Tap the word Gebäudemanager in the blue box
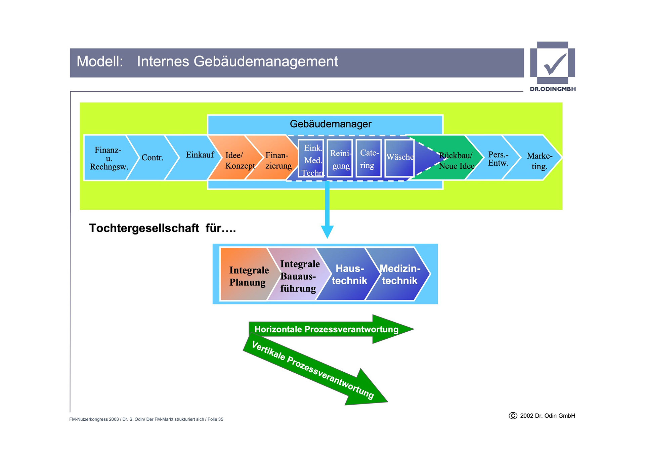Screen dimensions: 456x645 [x=330, y=124]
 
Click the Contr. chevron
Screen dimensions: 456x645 [x=153, y=158]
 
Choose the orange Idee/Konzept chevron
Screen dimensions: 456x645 [x=239, y=160]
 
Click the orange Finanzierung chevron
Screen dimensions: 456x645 [x=278, y=160]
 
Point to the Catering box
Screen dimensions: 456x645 [x=369, y=159]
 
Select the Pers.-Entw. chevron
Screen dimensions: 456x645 [x=498, y=159]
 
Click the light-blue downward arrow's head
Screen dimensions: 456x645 [x=327, y=232]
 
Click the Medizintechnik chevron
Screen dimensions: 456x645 [x=400, y=274]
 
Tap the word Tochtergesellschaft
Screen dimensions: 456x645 [x=144, y=228]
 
